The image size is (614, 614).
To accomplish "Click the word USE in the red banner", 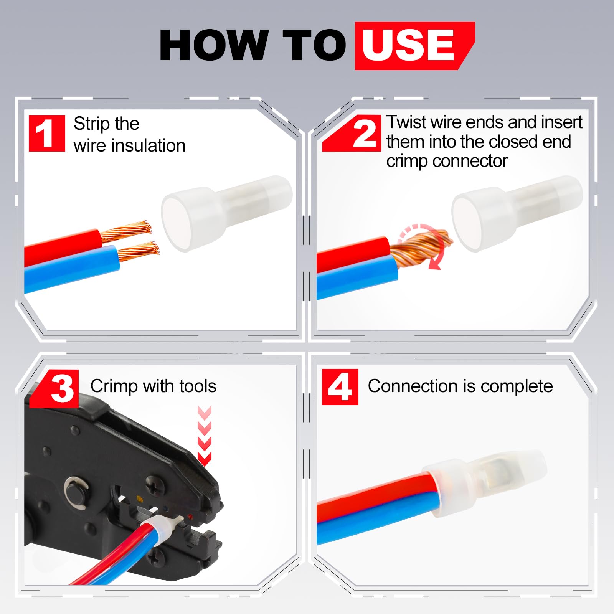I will point(408,45).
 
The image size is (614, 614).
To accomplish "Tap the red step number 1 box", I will point(47,133).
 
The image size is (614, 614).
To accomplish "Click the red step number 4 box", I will point(340,387).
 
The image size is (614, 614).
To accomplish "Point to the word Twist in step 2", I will point(406,122).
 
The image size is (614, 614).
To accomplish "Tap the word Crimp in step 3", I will point(114,386).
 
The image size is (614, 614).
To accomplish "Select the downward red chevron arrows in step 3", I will point(205,436).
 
